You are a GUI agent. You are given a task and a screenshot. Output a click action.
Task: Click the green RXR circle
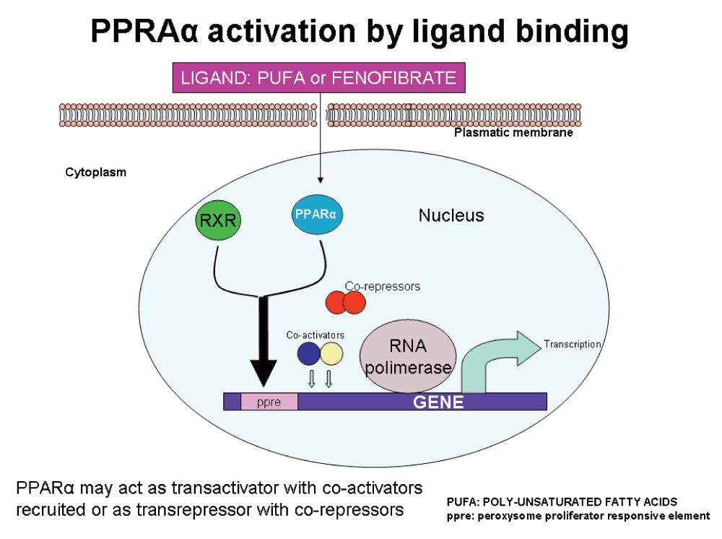(218, 220)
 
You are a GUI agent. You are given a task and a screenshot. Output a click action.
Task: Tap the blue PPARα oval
(317, 214)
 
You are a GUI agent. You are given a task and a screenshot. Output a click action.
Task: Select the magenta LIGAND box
(318, 78)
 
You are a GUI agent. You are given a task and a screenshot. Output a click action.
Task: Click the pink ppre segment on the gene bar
(269, 402)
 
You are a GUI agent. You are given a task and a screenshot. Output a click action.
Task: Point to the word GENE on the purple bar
(438, 402)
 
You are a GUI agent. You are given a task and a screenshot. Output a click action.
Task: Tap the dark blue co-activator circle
(309, 354)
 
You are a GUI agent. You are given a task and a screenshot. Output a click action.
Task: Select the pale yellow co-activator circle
(331, 354)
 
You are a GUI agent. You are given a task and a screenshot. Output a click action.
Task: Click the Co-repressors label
(383, 286)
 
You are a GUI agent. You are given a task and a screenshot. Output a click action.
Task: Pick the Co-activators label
(316, 335)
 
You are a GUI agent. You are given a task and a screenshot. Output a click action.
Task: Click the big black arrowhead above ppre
(264, 373)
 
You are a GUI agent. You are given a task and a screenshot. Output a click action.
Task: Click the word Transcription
(573, 344)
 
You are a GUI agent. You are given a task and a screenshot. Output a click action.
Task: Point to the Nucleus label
(451, 215)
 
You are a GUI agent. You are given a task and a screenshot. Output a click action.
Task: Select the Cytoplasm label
(96, 172)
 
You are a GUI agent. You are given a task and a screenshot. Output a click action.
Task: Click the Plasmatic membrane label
(513, 133)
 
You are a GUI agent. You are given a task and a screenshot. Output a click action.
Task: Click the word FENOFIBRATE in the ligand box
(393, 78)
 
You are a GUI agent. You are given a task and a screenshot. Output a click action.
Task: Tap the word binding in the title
(572, 31)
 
